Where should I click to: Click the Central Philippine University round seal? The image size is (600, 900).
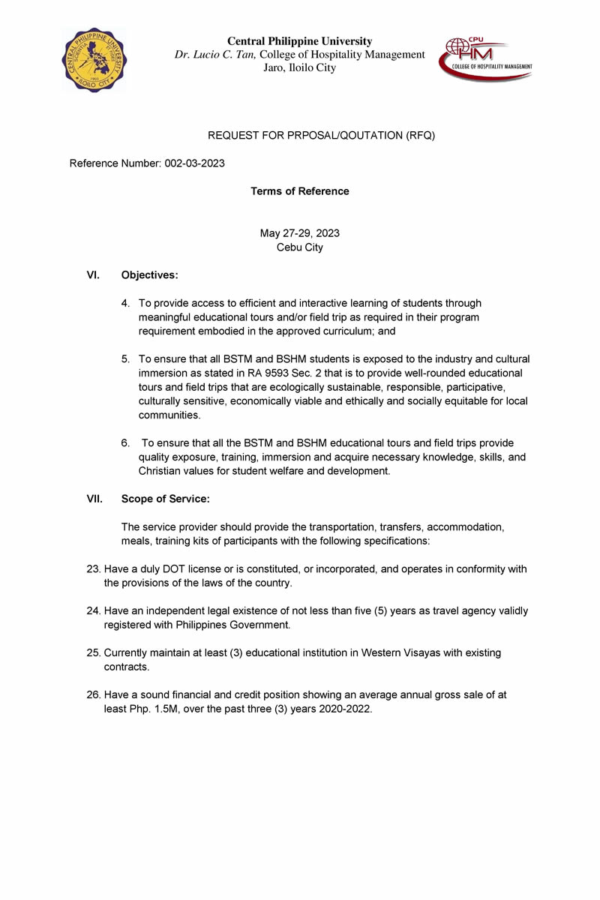coord(94,60)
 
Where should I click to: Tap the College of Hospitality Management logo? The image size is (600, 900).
coord(485,58)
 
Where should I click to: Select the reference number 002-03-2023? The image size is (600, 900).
coord(194,163)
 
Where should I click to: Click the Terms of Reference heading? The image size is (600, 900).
coord(299,191)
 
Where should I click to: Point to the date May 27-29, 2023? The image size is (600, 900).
coord(299,233)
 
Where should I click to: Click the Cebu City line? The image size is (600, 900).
coord(299,247)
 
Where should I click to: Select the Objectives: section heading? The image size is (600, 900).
coord(149,275)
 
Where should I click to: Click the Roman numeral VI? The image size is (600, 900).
coord(93,275)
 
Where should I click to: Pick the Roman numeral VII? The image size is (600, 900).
coord(94,499)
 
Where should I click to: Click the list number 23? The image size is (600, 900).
coord(94,569)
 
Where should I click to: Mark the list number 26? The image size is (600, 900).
coord(94,695)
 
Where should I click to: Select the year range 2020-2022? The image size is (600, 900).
coord(343,709)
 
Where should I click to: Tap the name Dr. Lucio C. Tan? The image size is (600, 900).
coord(215,55)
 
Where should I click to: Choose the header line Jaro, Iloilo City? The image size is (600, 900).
coord(299,67)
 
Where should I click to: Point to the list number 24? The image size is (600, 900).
coord(94,611)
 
